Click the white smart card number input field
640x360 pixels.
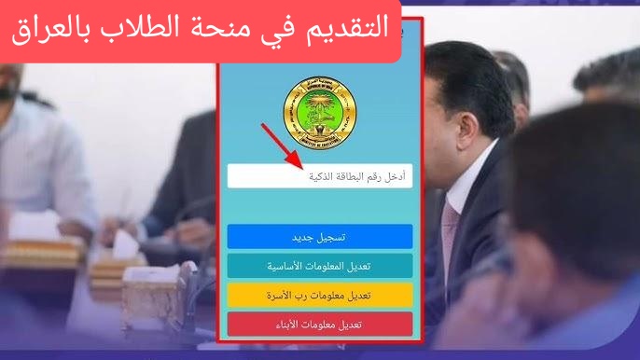tap(319, 176)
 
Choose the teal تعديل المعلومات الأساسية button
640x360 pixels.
tap(319, 266)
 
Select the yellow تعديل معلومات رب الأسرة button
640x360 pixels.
tap(319, 295)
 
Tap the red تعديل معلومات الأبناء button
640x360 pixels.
tap(319, 324)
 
